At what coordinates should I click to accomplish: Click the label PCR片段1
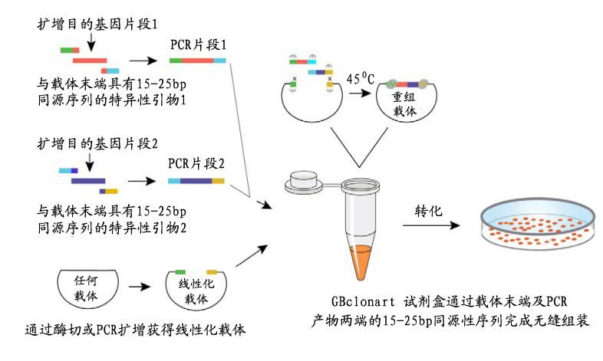[198, 45]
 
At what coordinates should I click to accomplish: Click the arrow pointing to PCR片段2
[145, 182]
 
